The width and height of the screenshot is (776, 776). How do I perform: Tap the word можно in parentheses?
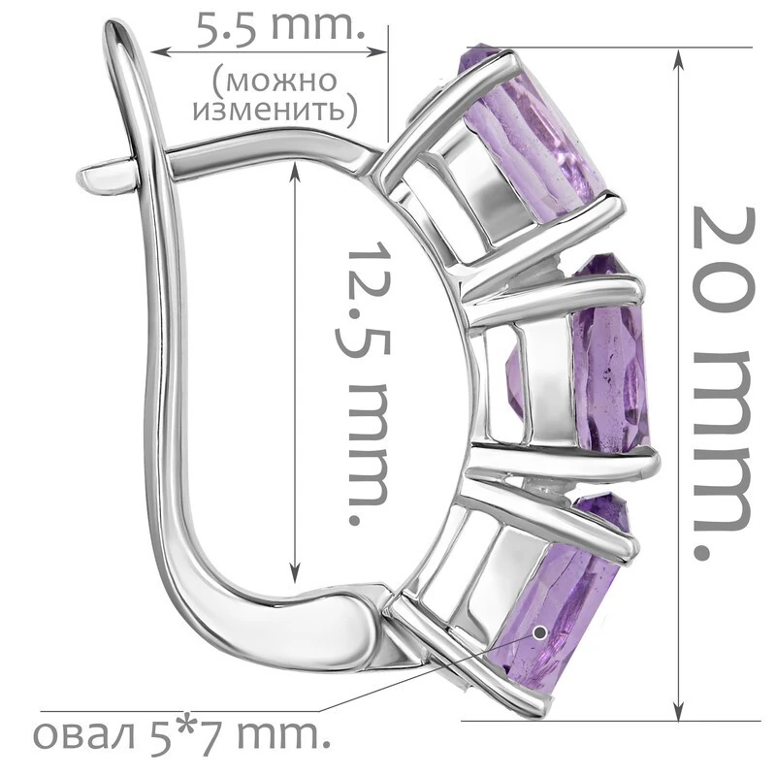tap(275, 81)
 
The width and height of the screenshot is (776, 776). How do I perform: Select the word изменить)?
tap(275, 110)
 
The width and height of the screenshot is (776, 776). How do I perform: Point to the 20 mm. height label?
tap(724, 383)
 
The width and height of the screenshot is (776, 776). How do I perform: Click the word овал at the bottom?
tap(84, 736)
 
